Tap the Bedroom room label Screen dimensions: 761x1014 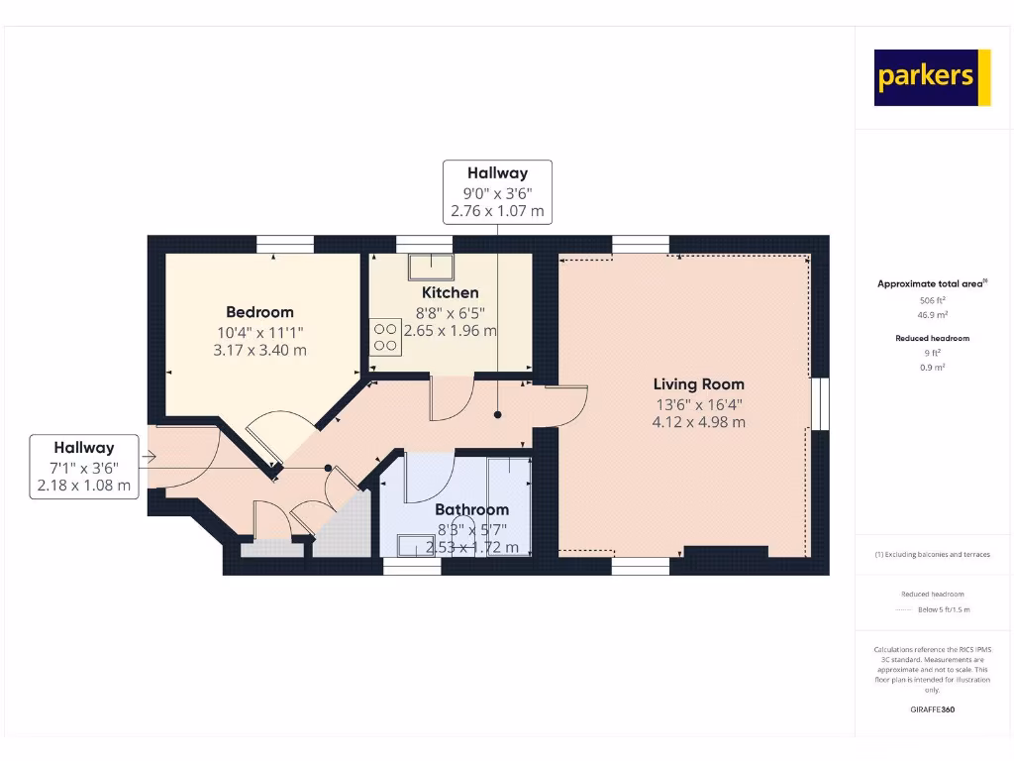point(259,312)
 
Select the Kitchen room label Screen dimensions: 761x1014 point(451,292)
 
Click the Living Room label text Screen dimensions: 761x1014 point(698,384)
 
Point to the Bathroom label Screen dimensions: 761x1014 point(471,509)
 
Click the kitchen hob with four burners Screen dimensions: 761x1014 point(386,337)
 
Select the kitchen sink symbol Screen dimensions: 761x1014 point(433,265)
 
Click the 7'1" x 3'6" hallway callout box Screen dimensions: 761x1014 point(84,467)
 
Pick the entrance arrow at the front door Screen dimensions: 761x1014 point(150,457)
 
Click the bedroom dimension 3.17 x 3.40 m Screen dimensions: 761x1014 point(259,350)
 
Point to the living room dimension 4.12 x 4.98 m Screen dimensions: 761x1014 point(698,422)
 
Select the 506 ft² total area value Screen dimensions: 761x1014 point(931,299)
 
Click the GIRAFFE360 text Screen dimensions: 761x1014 point(932,709)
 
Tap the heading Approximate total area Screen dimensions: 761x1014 point(930,284)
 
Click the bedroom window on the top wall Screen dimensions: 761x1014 point(285,242)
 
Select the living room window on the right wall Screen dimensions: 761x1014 point(820,404)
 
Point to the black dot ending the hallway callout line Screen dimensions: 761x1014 point(498,415)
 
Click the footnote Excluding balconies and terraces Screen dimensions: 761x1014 point(932,554)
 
